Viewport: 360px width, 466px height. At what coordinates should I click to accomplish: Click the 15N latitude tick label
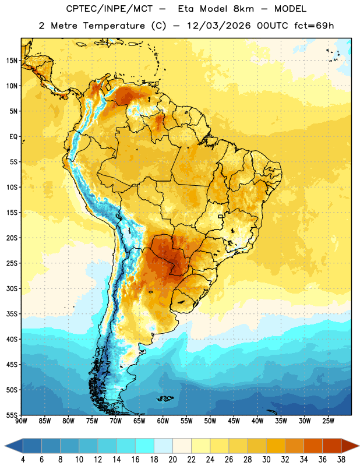tap(12, 61)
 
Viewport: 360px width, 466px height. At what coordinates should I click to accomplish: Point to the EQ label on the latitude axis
tap(13, 137)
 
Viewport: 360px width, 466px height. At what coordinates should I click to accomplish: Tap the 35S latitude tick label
tap(12, 314)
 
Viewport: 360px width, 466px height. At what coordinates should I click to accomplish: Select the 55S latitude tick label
tap(12, 415)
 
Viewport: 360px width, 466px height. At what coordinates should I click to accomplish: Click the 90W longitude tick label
tap(21, 421)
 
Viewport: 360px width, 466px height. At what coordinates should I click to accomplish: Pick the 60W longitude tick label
tap(163, 421)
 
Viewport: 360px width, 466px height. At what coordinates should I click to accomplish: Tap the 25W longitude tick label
tap(328, 421)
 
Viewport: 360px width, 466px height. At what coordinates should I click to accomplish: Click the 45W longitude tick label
tap(234, 421)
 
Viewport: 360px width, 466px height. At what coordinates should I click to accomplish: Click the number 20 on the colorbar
tap(172, 460)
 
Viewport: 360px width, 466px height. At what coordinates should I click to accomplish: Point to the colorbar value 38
tap(341, 460)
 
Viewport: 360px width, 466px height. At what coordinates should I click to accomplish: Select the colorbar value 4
tap(23, 460)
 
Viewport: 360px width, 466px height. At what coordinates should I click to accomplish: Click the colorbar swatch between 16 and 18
tap(145, 446)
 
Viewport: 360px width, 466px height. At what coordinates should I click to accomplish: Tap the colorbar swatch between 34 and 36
tap(313, 446)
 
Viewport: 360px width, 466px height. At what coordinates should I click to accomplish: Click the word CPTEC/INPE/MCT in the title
tap(109, 9)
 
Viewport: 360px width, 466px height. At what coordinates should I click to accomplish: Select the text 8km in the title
tap(243, 9)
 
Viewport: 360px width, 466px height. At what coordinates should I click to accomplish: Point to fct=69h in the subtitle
tap(314, 26)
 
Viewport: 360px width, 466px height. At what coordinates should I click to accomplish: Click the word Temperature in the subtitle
tap(114, 26)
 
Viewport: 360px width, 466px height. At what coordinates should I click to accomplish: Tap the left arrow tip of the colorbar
tap(5, 446)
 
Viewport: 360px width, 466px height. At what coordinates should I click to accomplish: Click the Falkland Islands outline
tap(165, 398)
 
